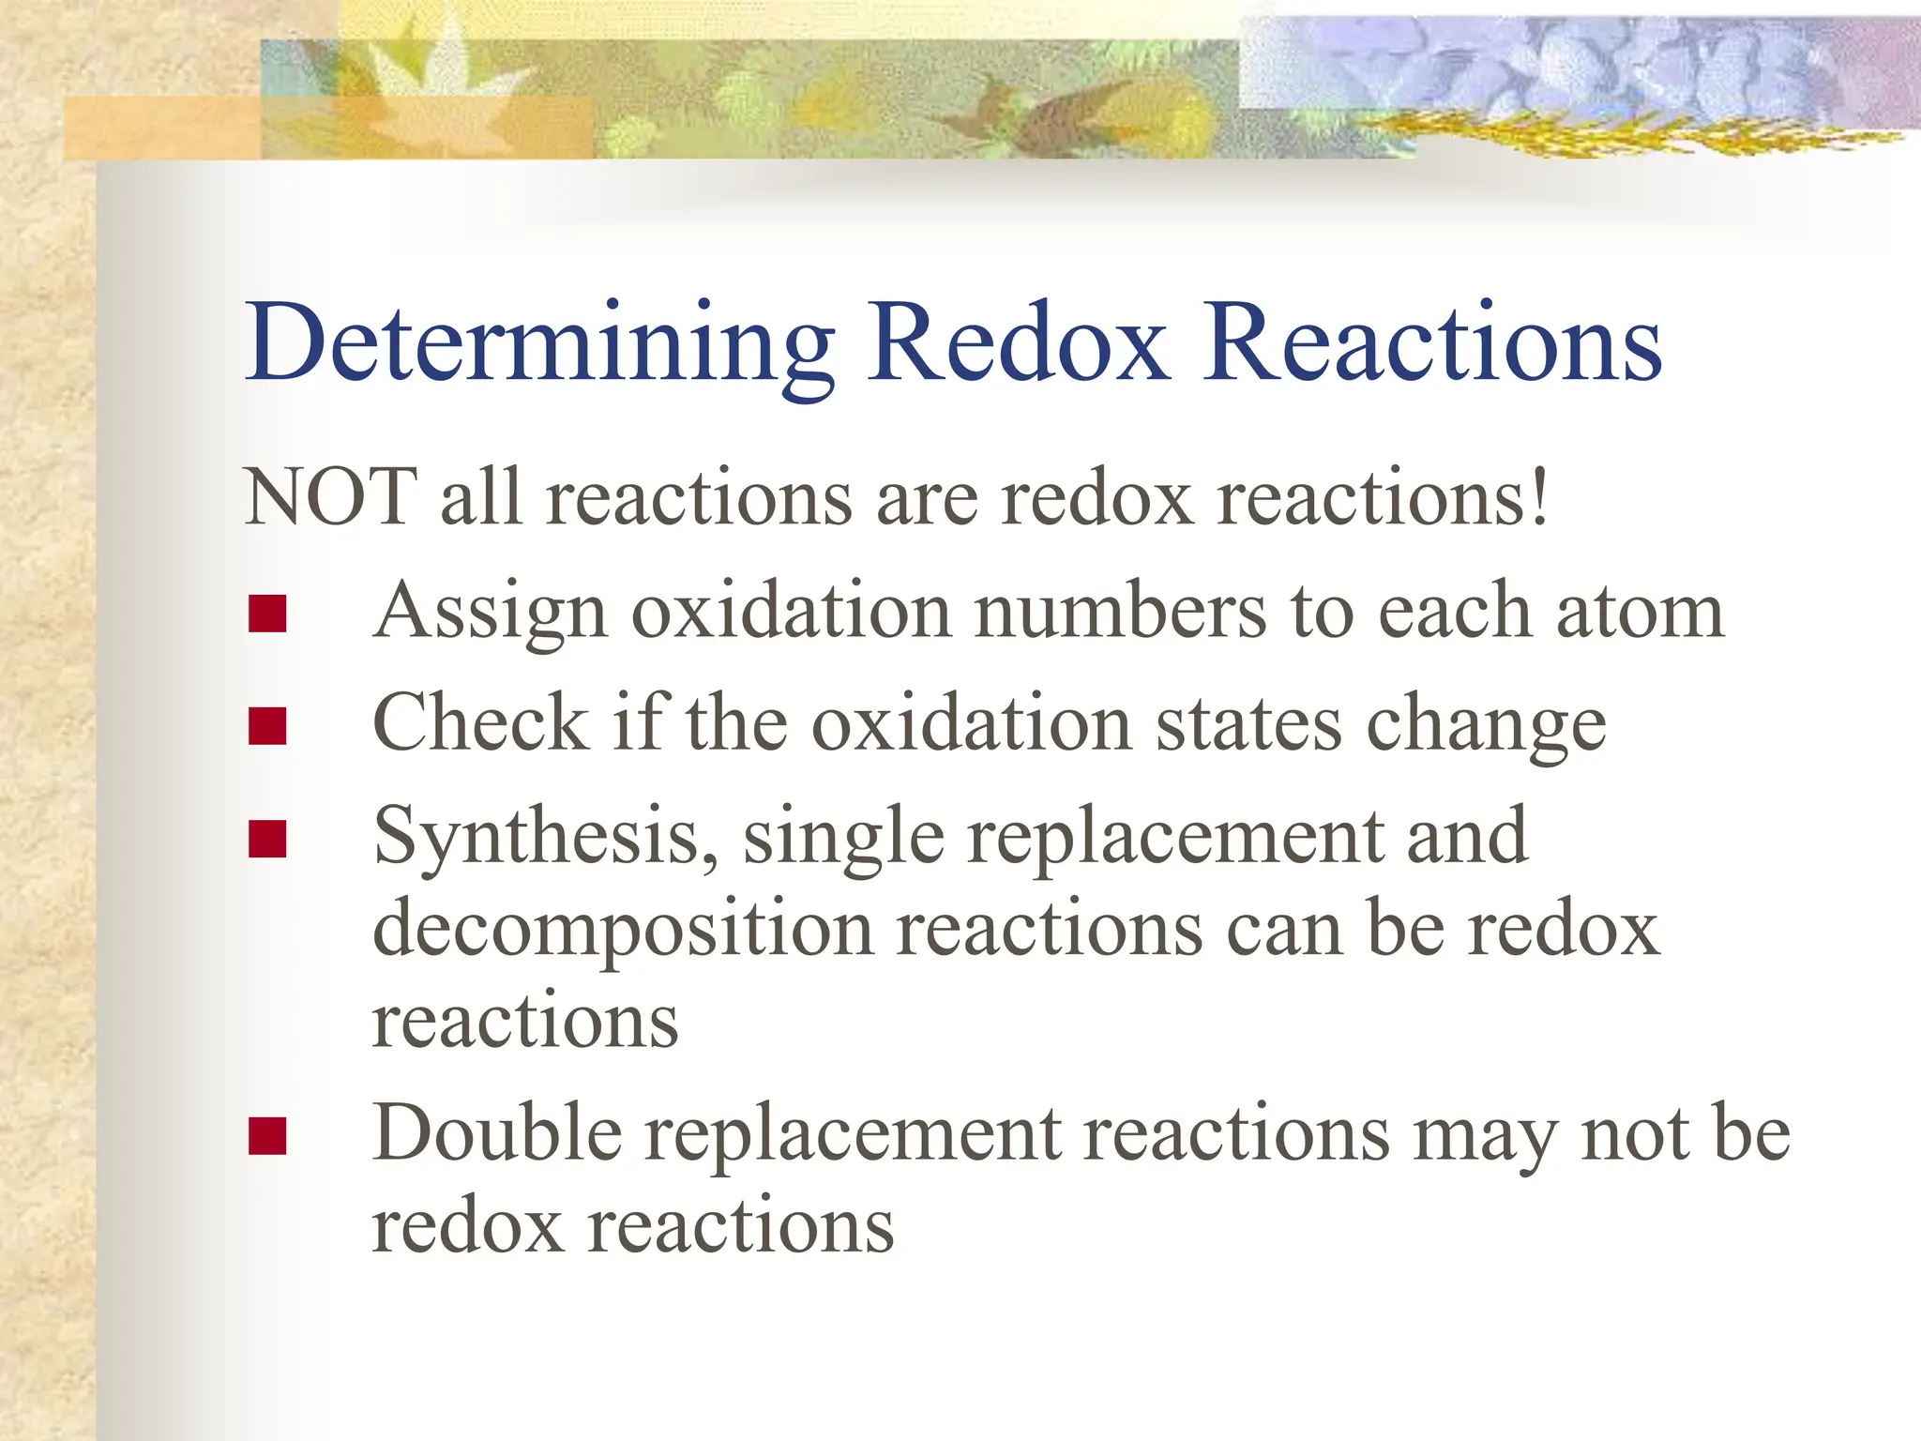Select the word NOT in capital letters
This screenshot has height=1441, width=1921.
click(330, 497)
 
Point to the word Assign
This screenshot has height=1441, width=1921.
click(490, 612)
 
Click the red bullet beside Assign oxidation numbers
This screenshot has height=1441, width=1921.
click(267, 614)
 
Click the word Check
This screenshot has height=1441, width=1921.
click(480, 723)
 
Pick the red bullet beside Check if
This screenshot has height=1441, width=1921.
click(267, 726)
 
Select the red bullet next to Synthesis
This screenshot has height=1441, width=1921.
click(267, 840)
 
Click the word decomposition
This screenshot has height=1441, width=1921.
click(623, 930)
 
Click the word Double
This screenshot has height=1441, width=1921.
click(496, 1133)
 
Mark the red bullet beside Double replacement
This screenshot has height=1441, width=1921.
click(267, 1136)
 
